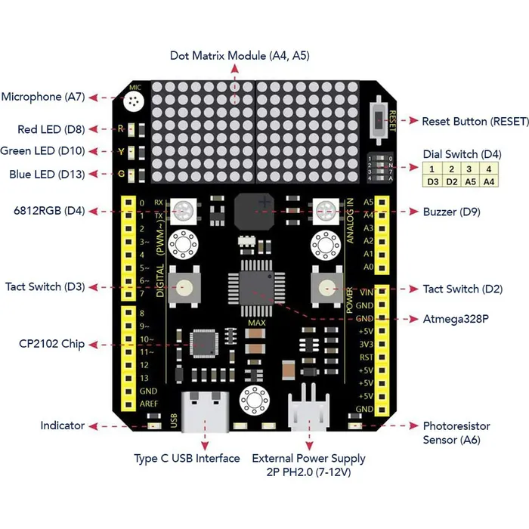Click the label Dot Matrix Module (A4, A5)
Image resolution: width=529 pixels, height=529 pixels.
(x=239, y=56)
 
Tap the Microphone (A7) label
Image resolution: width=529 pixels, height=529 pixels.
(x=42, y=97)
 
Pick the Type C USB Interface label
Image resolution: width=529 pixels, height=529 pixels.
(x=187, y=459)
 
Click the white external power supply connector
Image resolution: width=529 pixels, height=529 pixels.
(x=308, y=412)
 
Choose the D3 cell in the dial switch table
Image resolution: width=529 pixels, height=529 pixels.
(x=433, y=181)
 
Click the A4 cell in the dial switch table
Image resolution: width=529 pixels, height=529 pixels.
(x=489, y=181)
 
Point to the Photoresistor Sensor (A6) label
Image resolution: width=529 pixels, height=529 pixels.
(x=456, y=433)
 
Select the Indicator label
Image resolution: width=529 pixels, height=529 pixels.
(x=63, y=425)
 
